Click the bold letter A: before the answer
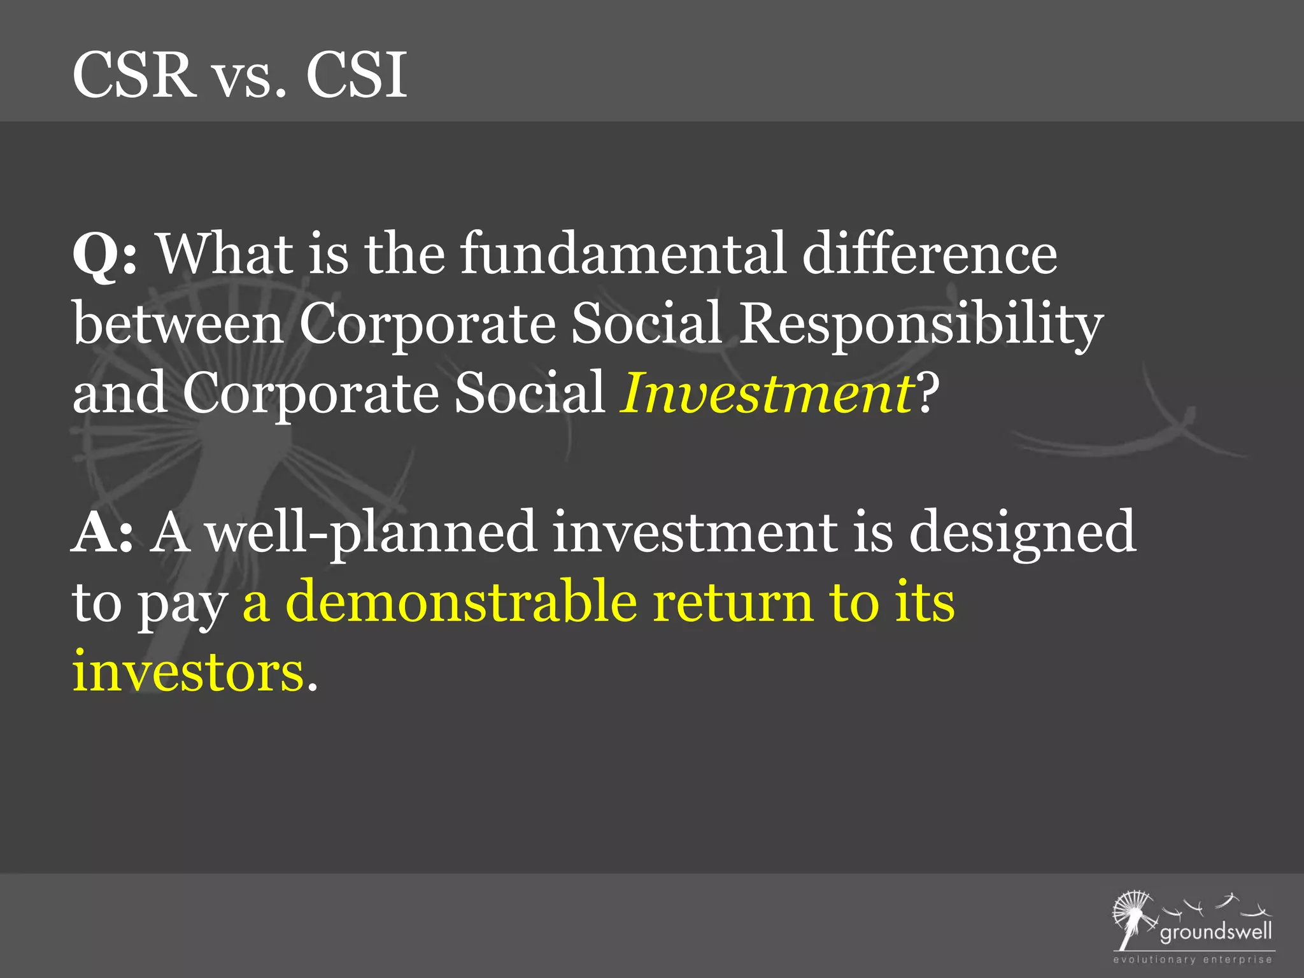pyautogui.click(x=102, y=533)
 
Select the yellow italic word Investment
pyautogui.click(x=767, y=393)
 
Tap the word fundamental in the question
pyautogui.click(x=623, y=253)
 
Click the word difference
pyautogui.click(x=930, y=253)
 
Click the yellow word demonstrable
pyautogui.click(x=461, y=602)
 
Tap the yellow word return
pyautogui.click(x=733, y=602)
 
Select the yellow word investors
pyautogui.click(x=188, y=672)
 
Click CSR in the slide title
pyautogui.click(x=134, y=75)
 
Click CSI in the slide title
pyautogui.click(x=357, y=75)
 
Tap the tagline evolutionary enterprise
pyautogui.click(x=1192, y=960)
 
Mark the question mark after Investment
pyautogui.click(x=928, y=393)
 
